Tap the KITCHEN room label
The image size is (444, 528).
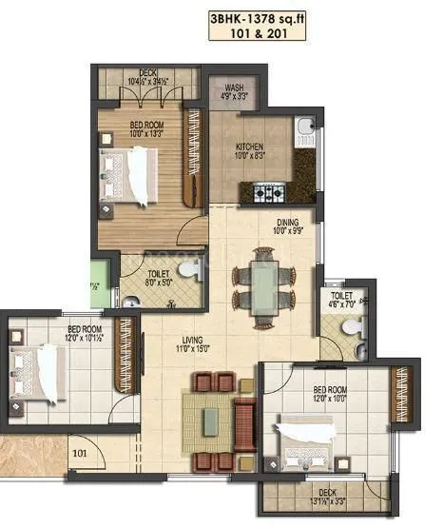point(250,147)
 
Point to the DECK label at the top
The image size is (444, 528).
point(146,71)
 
